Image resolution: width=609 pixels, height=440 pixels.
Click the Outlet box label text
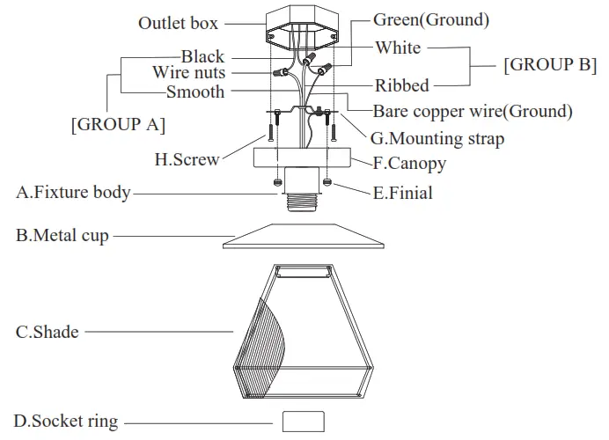(178, 23)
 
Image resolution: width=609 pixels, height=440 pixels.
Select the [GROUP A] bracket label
(118, 124)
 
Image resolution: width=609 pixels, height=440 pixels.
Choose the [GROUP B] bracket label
(549, 64)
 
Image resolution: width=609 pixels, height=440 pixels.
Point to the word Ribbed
(402, 85)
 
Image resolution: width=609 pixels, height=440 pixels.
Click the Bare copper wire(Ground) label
(473, 112)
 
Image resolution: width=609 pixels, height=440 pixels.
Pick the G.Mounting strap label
(437, 138)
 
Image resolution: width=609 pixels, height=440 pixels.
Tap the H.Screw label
(187, 159)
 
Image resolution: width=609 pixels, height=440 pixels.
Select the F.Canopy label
(409, 163)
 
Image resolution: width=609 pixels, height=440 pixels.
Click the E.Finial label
(403, 192)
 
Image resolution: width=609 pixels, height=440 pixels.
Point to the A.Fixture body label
(73, 191)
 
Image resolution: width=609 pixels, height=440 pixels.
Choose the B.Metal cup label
(62, 236)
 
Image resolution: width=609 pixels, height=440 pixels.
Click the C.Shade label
(48, 332)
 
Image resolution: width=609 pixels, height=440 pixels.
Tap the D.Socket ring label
(65, 422)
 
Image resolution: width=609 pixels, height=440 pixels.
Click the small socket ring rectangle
(304, 421)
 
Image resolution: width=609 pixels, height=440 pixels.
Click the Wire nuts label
(188, 73)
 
